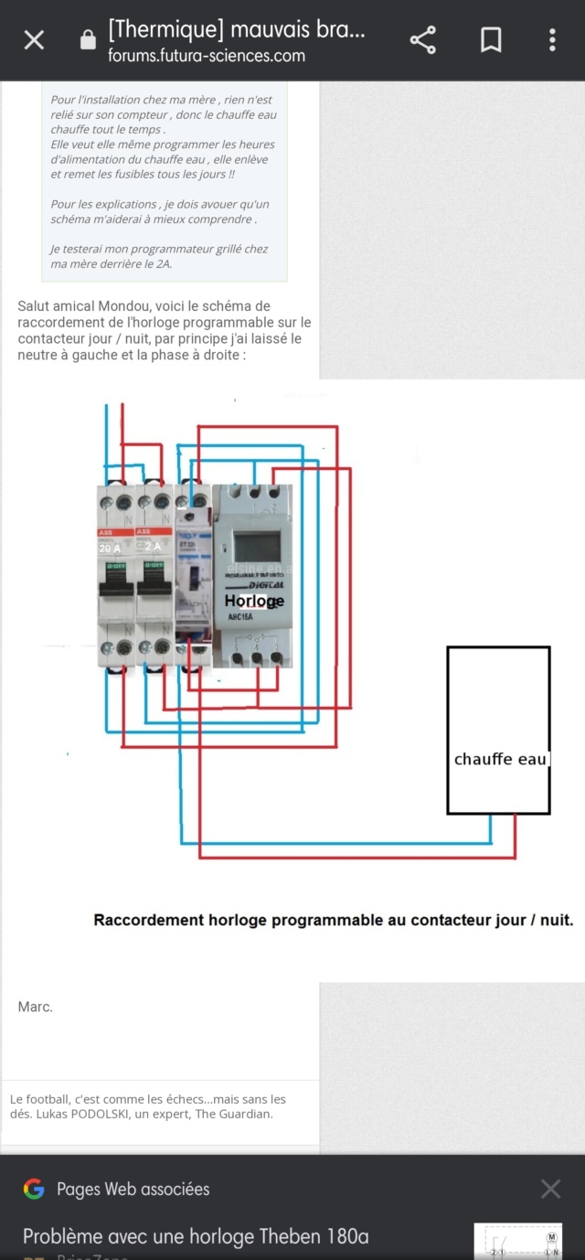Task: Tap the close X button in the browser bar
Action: [x=34, y=40]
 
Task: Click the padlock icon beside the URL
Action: [x=88, y=40]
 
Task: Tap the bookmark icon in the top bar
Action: [x=491, y=40]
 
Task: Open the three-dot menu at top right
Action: [x=552, y=40]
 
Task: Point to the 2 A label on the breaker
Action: [x=152, y=548]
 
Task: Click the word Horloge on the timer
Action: [x=254, y=601]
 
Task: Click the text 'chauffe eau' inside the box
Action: [x=499, y=759]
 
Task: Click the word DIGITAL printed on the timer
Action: [x=264, y=585]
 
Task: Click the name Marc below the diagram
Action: [x=35, y=1007]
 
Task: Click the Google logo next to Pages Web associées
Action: [x=34, y=1189]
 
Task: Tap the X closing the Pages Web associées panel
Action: [x=550, y=1189]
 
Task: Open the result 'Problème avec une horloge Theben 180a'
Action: [x=196, y=1237]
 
